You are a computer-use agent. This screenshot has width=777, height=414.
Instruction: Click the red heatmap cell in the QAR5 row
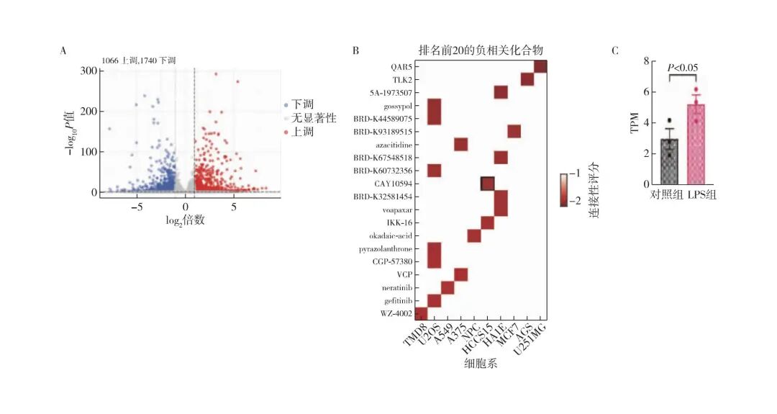coord(540,66)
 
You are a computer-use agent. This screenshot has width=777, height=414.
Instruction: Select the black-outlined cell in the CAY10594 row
coord(487,184)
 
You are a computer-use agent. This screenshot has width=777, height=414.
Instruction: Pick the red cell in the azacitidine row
coord(461,144)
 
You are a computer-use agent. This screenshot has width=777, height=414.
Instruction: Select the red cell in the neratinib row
coord(447,287)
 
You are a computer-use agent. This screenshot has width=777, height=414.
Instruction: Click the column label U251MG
coord(535,338)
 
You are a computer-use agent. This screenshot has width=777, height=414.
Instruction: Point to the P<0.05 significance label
coord(683,68)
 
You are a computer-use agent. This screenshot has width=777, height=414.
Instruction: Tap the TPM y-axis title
coord(635,122)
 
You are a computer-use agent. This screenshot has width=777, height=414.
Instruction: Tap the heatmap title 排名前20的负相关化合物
coord(480,50)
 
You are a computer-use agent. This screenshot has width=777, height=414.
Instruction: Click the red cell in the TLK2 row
coord(527,79)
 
